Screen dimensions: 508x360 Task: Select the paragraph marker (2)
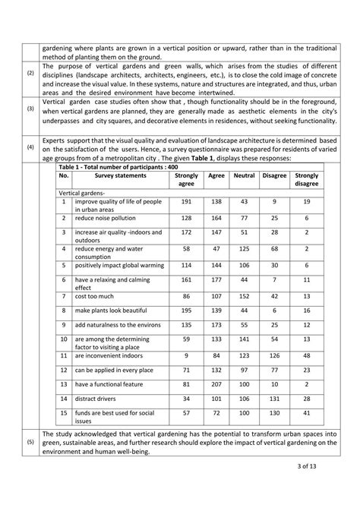click(30, 73)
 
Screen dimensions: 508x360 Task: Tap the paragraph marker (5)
click(30, 442)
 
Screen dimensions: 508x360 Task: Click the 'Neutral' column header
click(245, 175)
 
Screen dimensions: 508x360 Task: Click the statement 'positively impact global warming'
click(123, 265)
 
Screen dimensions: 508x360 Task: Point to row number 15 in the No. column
click(64, 415)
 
